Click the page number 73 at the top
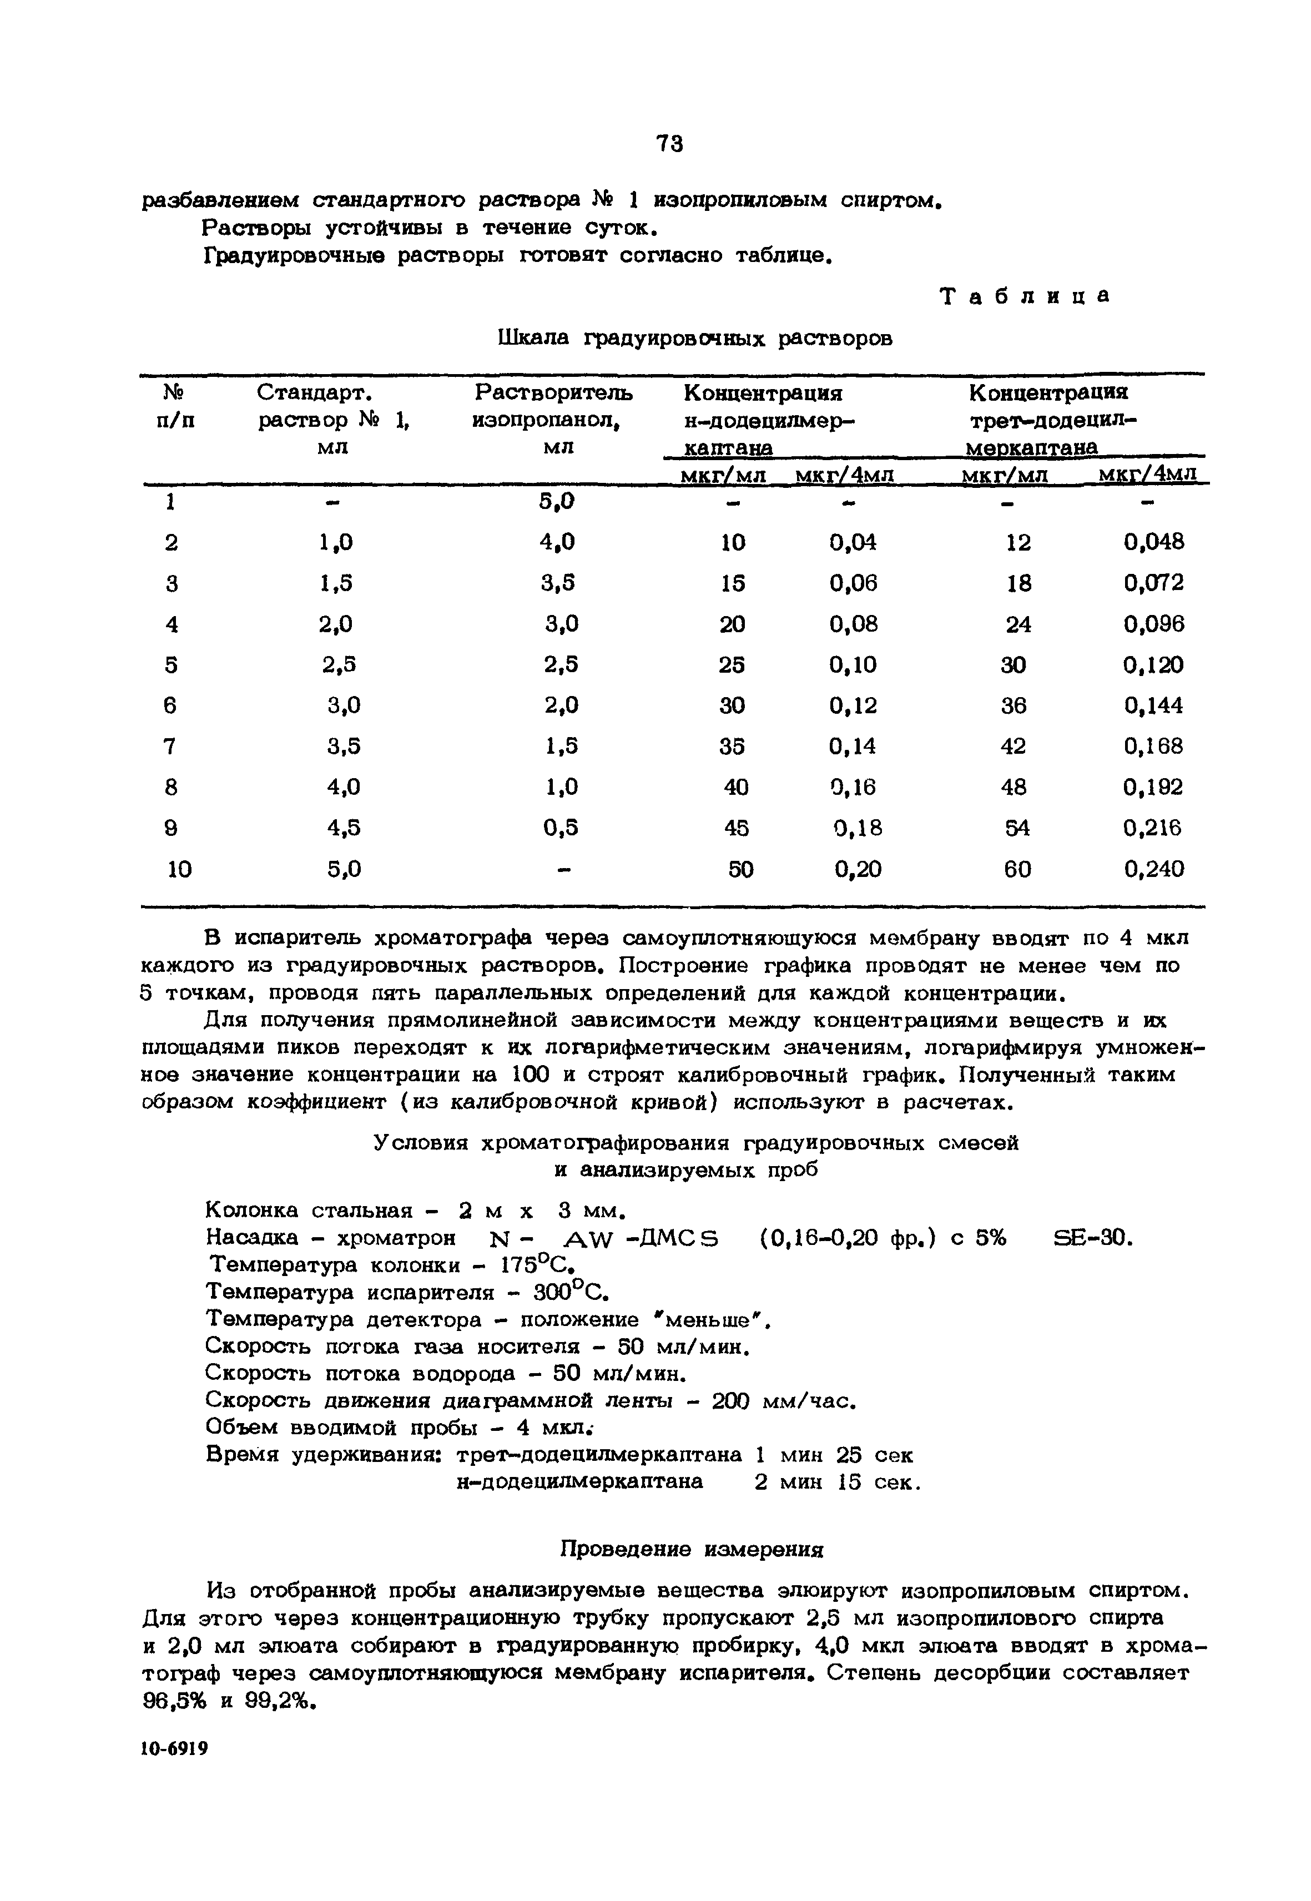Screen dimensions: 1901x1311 pos(669,144)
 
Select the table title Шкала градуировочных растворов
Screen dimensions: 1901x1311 pos(695,339)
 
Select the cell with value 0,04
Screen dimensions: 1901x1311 pos(853,542)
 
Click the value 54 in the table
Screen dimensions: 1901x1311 pos(1017,828)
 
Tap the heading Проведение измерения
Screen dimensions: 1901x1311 pos(691,1550)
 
